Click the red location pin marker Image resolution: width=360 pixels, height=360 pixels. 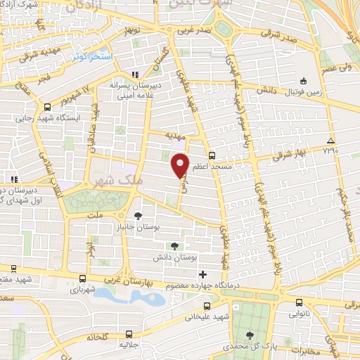point(180,165)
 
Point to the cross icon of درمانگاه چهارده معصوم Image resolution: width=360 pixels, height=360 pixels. point(203,274)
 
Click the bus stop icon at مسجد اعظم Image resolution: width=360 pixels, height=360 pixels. point(212,156)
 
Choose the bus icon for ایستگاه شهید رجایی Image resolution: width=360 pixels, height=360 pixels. point(46,107)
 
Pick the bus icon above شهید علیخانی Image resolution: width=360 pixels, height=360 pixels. point(206,306)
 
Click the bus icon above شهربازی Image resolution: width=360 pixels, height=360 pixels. point(83,278)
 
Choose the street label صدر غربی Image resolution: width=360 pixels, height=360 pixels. point(193,32)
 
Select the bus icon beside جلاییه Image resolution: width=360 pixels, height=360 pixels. point(129,334)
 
